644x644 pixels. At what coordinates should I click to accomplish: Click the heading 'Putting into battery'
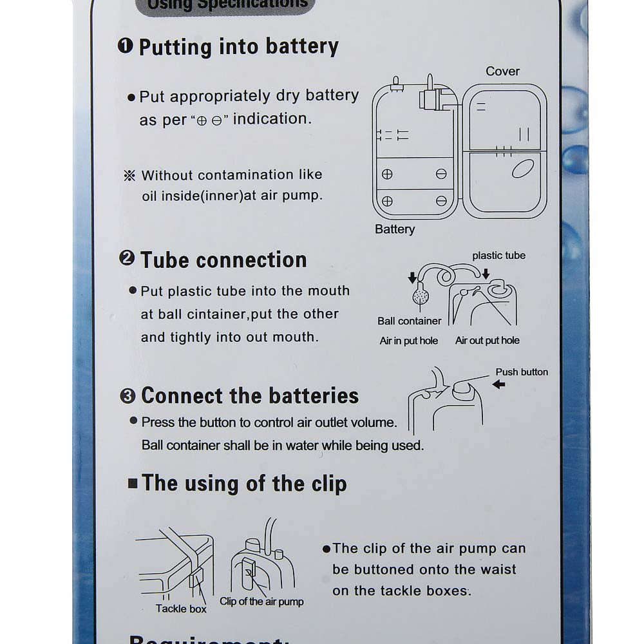(238, 47)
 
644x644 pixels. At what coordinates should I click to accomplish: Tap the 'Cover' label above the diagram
(502, 71)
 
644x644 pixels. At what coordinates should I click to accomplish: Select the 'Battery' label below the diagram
(395, 229)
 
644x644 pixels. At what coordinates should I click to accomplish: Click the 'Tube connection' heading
(223, 260)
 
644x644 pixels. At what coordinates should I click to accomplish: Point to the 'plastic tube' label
(498, 256)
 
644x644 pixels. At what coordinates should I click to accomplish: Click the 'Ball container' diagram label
(410, 321)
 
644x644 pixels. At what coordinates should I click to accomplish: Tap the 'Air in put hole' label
(408, 341)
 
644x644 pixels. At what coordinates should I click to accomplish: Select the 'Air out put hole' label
(487, 341)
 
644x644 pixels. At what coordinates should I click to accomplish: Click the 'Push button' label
(522, 372)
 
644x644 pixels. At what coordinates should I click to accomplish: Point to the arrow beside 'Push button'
(498, 385)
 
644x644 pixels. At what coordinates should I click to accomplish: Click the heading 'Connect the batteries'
(250, 395)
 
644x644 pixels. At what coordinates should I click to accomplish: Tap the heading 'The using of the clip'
(243, 483)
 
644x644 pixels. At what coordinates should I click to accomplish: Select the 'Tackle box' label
(181, 609)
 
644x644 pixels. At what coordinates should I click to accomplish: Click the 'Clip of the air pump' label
(261, 601)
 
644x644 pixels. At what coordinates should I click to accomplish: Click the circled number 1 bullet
(126, 46)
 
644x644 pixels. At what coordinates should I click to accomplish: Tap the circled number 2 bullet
(127, 259)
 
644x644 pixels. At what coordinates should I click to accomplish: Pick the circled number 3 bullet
(128, 395)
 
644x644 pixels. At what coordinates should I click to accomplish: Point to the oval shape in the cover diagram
(521, 169)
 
